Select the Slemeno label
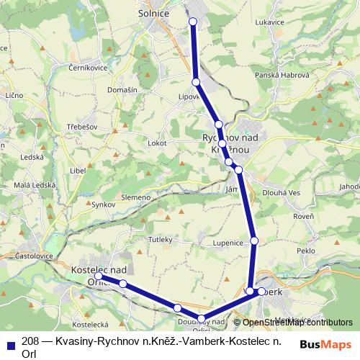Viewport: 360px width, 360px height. pos(136,197)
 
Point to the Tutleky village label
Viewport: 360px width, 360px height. pos(160,238)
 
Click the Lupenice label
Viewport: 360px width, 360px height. pos(227,243)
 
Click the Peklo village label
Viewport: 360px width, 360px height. pos(306,250)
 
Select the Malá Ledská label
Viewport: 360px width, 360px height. pos(31,186)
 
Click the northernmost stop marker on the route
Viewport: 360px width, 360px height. pos(193,22)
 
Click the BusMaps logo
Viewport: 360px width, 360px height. pos(325,344)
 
